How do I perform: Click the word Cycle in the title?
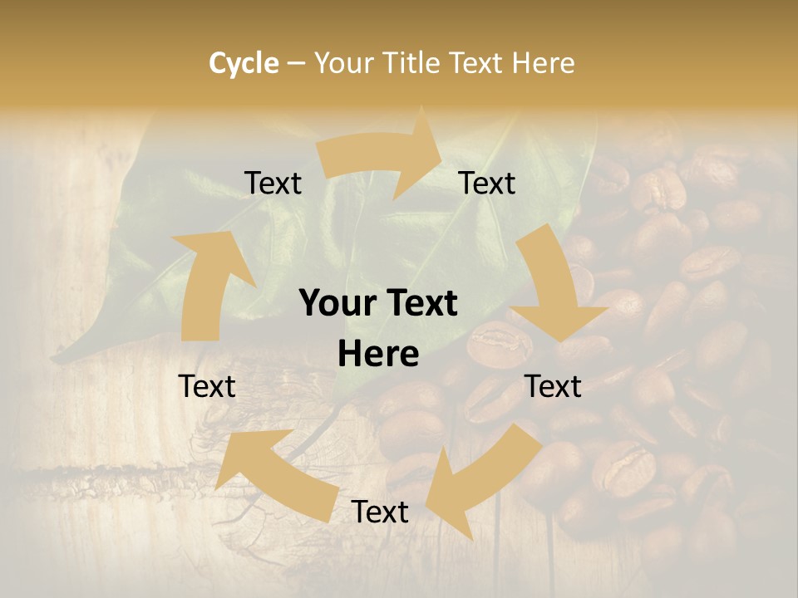244,62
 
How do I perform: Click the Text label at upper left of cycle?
273,183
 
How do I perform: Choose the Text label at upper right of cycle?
487,183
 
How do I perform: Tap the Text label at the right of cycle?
554,386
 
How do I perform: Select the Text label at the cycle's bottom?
380,512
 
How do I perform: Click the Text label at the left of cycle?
207,386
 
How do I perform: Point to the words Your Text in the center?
378,304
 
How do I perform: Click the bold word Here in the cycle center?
378,355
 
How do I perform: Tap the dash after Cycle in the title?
295,62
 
